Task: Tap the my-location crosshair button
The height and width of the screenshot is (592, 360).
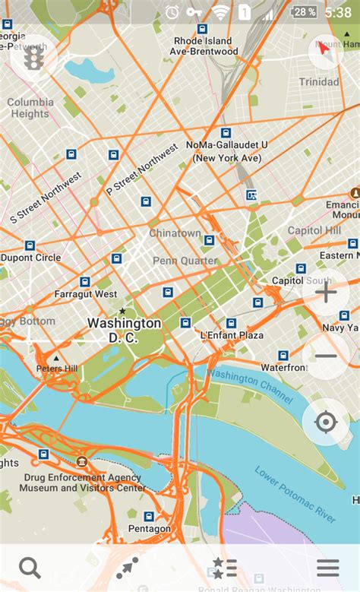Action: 326,422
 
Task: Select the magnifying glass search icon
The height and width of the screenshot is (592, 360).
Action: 30,568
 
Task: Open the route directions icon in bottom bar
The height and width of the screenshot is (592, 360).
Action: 127,568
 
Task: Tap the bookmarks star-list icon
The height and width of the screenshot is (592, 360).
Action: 225,568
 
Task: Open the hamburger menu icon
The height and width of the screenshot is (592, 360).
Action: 328,568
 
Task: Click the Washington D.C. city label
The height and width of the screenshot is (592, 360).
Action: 124,330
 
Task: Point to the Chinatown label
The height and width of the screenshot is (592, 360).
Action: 175,233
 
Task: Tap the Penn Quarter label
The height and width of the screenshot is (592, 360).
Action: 185,261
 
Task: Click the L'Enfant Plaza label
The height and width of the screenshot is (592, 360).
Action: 232,335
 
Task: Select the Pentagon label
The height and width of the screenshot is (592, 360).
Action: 149,528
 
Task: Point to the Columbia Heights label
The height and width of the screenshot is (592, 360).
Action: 30,108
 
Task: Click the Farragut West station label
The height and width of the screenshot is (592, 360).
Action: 85,294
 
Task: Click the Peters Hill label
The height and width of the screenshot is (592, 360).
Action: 57,369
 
